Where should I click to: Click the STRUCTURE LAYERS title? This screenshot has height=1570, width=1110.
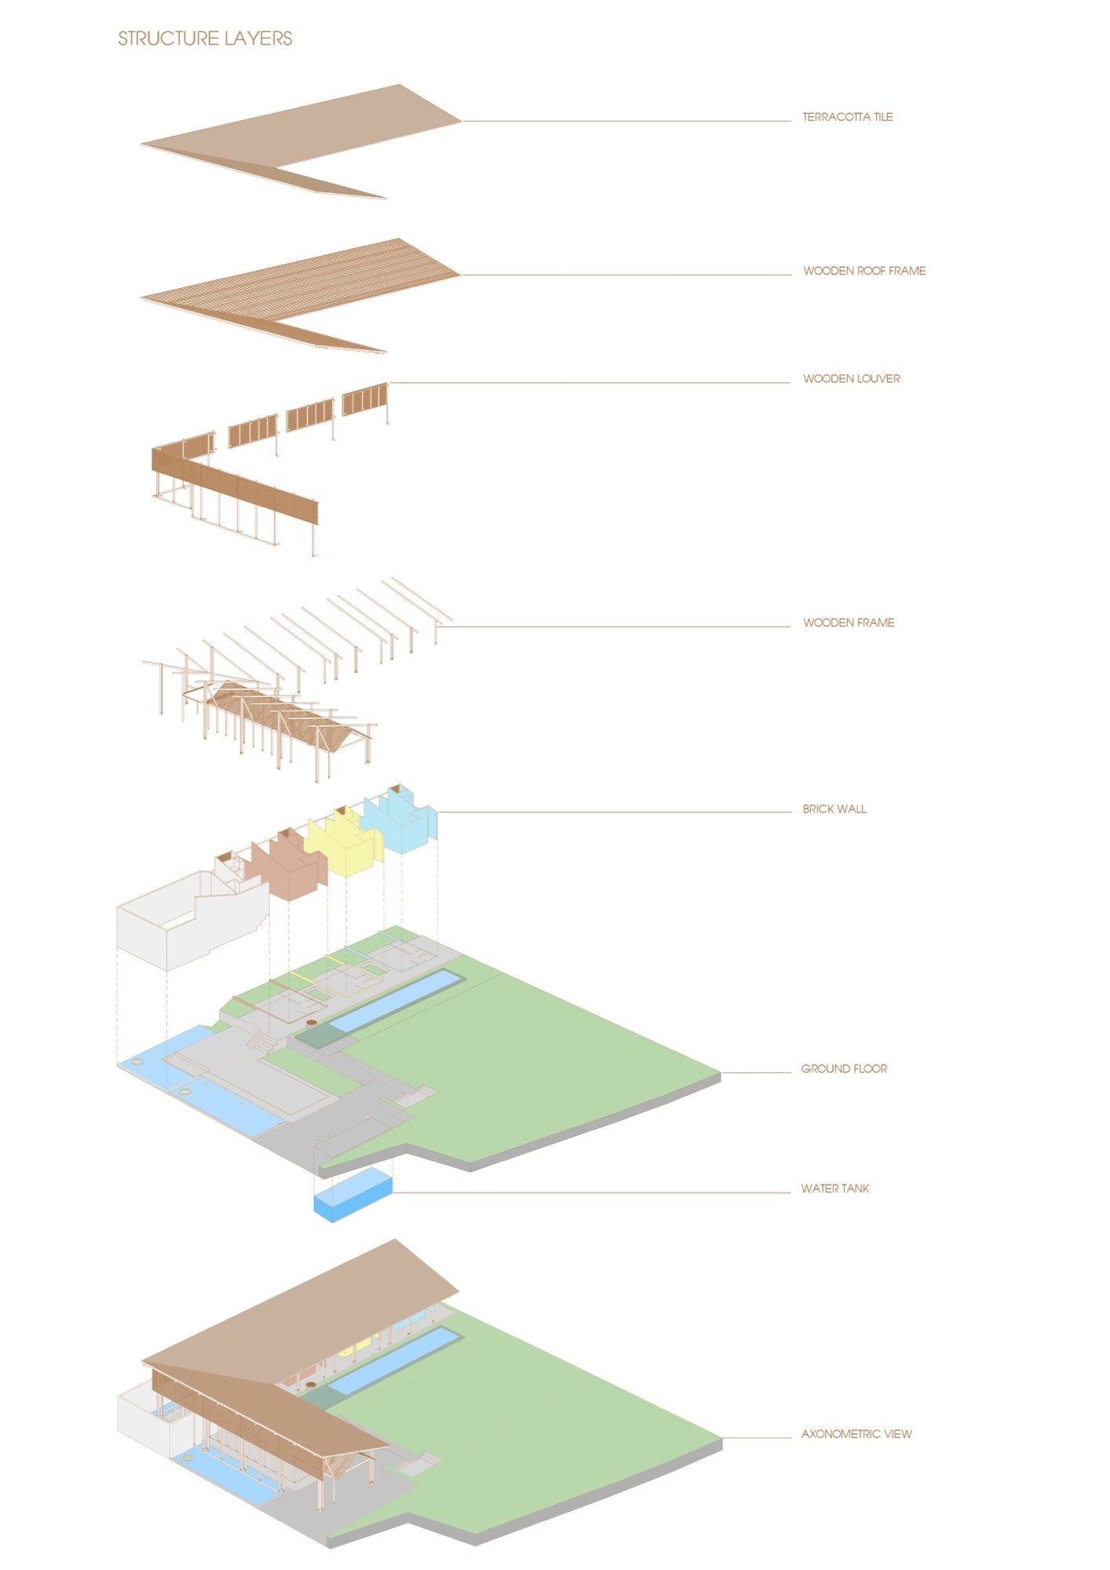[205, 38]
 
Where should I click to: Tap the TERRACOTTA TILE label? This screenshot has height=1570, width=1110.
[847, 117]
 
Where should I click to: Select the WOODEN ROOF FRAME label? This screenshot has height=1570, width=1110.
[864, 271]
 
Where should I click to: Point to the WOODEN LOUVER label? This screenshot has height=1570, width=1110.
[851, 378]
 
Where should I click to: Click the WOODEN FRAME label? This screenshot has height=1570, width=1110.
[848, 623]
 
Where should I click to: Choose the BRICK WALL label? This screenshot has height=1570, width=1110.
[834, 809]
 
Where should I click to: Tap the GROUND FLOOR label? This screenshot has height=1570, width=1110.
[844, 1068]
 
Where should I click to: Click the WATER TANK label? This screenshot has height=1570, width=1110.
[834, 1188]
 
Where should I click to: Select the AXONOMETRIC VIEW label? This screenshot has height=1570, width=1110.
[856, 1433]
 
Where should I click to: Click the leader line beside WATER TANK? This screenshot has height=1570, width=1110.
[589, 1192]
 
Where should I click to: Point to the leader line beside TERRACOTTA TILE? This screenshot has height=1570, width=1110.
[628, 121]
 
